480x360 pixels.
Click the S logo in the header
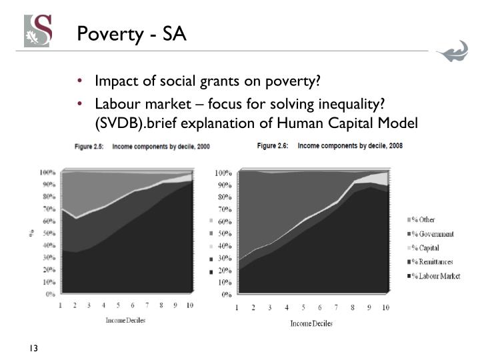coord(38,31)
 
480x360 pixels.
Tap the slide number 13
coord(33,347)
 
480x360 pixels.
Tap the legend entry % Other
coord(424,220)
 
